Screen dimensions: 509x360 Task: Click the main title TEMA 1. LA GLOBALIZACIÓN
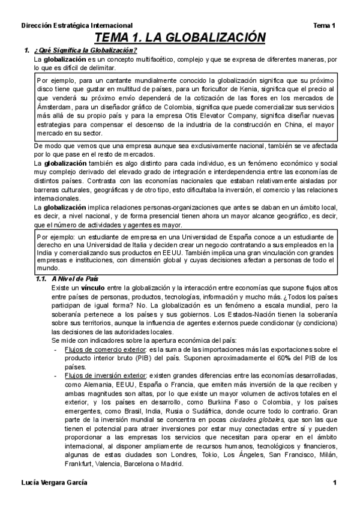(179, 38)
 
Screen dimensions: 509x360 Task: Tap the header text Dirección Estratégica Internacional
(76, 26)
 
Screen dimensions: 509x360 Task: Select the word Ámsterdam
(52, 107)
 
